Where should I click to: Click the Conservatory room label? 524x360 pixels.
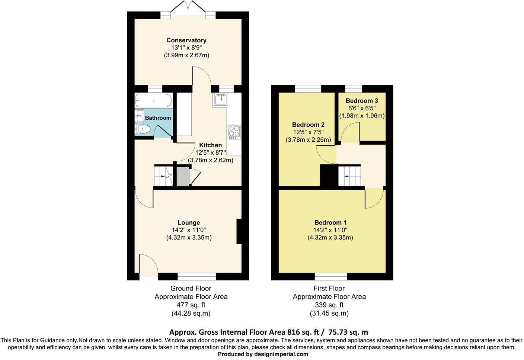click(186, 40)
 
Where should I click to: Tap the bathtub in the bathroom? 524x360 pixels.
click(153, 100)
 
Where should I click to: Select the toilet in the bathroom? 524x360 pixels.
click(143, 129)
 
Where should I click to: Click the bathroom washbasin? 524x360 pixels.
click(140, 116)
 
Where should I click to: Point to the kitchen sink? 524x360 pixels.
click(221, 100)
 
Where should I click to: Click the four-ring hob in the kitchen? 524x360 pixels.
click(234, 132)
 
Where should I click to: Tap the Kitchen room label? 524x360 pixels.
click(210, 145)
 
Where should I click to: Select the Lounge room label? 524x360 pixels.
click(189, 222)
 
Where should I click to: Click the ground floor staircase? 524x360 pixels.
click(163, 176)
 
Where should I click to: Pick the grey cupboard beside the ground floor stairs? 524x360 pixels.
click(183, 176)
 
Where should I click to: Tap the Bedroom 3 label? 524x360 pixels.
click(361, 101)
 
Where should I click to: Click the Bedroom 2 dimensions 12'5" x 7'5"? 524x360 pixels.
click(308, 132)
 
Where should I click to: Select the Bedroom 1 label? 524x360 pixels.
click(330, 222)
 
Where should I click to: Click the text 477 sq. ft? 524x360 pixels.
click(191, 305)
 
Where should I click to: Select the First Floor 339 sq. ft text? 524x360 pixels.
click(329, 305)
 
